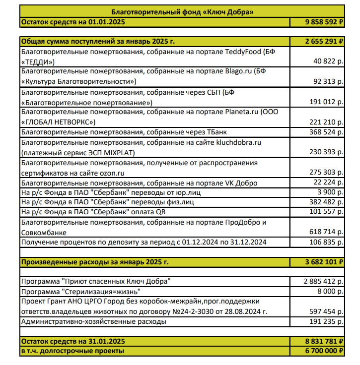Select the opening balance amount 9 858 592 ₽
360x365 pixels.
click(323, 22)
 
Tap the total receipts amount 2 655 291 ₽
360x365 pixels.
click(323, 41)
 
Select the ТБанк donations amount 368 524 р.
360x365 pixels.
click(326, 132)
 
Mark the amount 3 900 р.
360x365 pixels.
click(330, 192)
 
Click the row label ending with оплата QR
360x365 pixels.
click(93, 212)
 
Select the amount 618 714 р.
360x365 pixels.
click(326, 232)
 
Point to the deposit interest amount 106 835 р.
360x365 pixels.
click(326, 242)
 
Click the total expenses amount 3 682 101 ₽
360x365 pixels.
click(323, 261)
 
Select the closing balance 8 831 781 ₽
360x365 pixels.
click(323, 341)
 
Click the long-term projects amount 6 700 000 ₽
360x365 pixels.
click(323, 351)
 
